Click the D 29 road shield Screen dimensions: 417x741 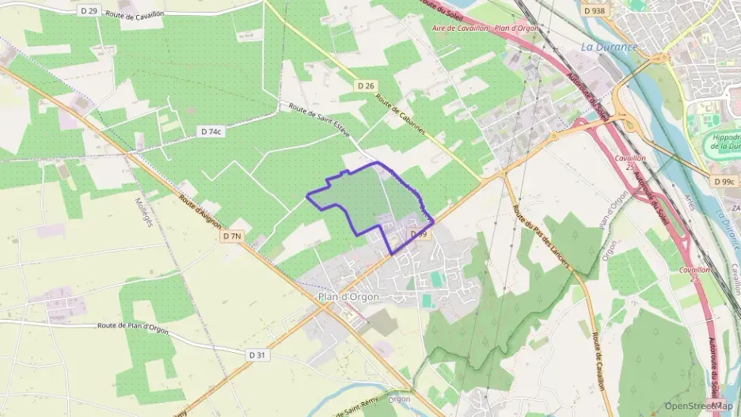coord(89,11)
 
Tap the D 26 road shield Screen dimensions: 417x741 coord(365,85)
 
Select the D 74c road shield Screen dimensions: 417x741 coord(211,131)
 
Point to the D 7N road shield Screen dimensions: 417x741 coord(232,236)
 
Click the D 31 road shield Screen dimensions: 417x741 coord(256,355)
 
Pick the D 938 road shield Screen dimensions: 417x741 coord(594,11)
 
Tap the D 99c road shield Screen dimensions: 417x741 coord(724,181)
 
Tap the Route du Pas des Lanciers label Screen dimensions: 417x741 coord(542,236)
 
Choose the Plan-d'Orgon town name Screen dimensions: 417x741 coord(348,297)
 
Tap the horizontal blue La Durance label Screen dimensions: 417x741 coord(609,47)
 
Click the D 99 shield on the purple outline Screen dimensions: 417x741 coord(418,235)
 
